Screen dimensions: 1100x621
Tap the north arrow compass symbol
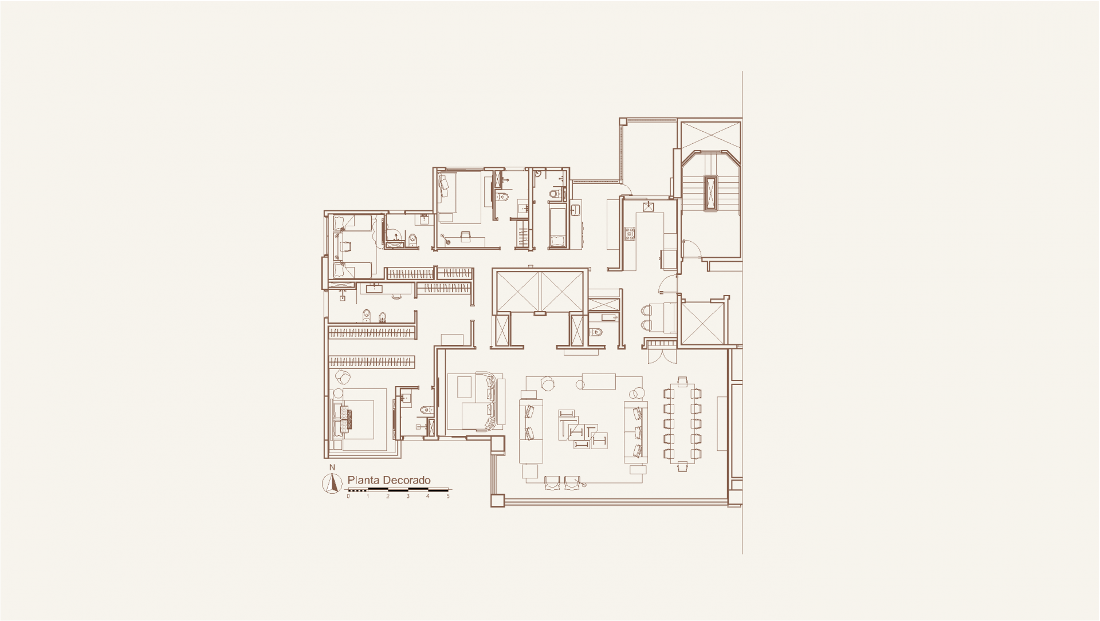332,484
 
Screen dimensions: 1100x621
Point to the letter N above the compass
332,468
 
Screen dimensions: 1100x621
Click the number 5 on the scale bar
448,497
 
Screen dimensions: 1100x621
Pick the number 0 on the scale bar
348,497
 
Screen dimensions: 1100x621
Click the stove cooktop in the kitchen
630,233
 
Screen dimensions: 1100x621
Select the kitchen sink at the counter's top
649,206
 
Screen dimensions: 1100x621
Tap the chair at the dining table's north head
682,382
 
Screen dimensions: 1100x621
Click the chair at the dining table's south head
682,466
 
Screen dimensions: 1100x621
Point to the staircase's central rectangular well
711,192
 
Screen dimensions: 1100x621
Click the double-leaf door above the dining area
662,356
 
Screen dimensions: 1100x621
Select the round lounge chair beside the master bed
343,377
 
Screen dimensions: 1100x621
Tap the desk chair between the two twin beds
345,246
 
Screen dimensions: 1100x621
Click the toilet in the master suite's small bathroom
425,410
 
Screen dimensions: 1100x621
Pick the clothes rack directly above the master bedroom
371,362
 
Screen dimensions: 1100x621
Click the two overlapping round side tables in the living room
636,393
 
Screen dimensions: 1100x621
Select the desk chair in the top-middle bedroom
465,234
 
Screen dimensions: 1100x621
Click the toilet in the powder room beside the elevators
596,331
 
